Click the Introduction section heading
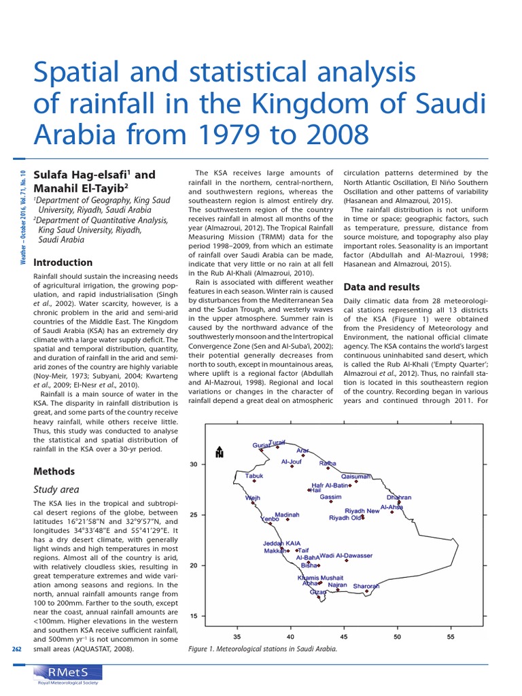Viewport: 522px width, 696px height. [63, 262]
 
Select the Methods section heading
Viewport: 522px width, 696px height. [54, 471]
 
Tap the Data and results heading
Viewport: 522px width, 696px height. [382, 287]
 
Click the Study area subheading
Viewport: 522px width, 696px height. [56, 489]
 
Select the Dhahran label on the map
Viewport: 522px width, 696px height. [399, 498]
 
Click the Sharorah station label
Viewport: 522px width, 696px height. [366, 586]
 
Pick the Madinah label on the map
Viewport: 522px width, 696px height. [287, 515]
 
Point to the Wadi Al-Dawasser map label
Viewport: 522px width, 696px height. [346, 555]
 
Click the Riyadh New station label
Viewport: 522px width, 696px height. [362, 510]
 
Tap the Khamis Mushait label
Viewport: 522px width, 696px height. [321, 578]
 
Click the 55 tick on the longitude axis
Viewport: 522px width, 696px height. [450, 637]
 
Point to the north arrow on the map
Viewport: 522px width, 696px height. [219, 452]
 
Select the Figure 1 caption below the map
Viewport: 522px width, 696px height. [262, 648]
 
